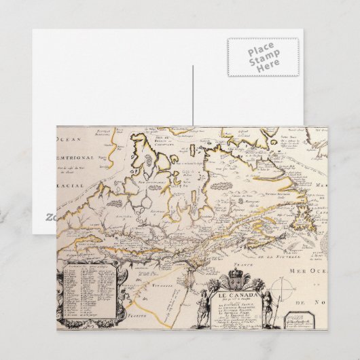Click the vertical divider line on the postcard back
pos(193,95)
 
